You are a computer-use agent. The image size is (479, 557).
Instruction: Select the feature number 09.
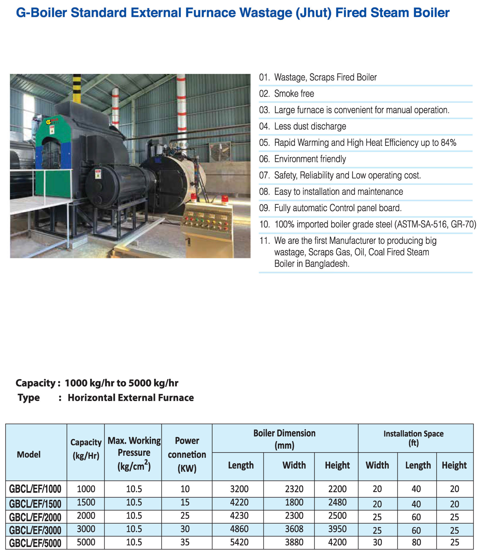pos(264,208)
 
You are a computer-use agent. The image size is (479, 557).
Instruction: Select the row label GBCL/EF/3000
pos(35,530)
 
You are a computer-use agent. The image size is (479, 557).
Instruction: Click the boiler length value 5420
pos(239,542)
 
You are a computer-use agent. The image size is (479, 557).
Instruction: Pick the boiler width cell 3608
pos(294,529)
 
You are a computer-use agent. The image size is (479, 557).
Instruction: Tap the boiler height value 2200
pos(337,489)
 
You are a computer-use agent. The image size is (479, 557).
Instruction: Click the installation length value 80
pos(416,543)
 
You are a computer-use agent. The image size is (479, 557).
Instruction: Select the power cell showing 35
pos(185,542)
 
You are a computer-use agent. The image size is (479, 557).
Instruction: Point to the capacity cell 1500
pos(86,502)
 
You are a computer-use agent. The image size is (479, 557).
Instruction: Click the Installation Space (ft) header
pos(413,438)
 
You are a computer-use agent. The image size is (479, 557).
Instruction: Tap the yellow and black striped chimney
pos(77,89)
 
